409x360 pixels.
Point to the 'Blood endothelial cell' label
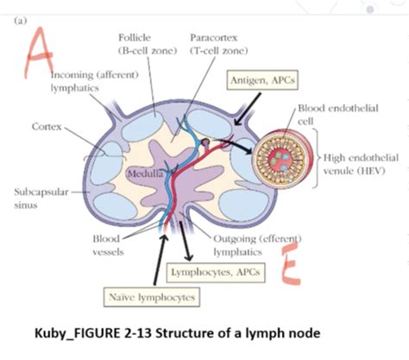point(328,114)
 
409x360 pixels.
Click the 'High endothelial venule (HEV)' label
point(361,163)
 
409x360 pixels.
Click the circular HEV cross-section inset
point(282,159)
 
